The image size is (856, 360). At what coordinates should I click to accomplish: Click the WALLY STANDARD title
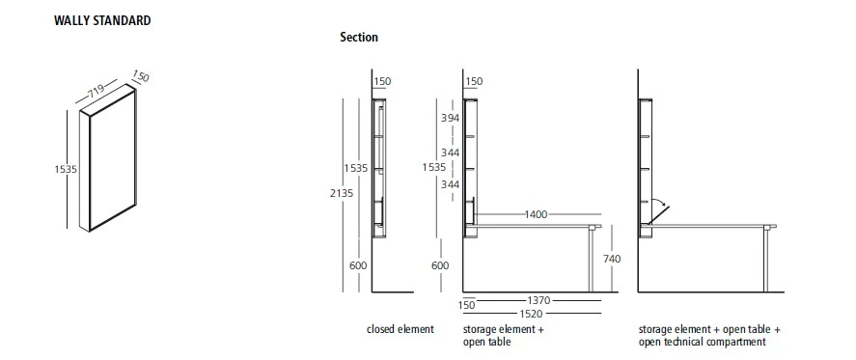click(102, 20)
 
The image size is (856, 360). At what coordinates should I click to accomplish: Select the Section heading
click(358, 38)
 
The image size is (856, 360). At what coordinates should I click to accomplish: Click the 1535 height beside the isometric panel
click(65, 168)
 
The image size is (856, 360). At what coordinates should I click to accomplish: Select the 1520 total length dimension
click(529, 313)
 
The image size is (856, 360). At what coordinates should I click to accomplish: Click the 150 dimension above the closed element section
click(381, 82)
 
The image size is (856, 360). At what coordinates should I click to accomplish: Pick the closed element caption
click(400, 329)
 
